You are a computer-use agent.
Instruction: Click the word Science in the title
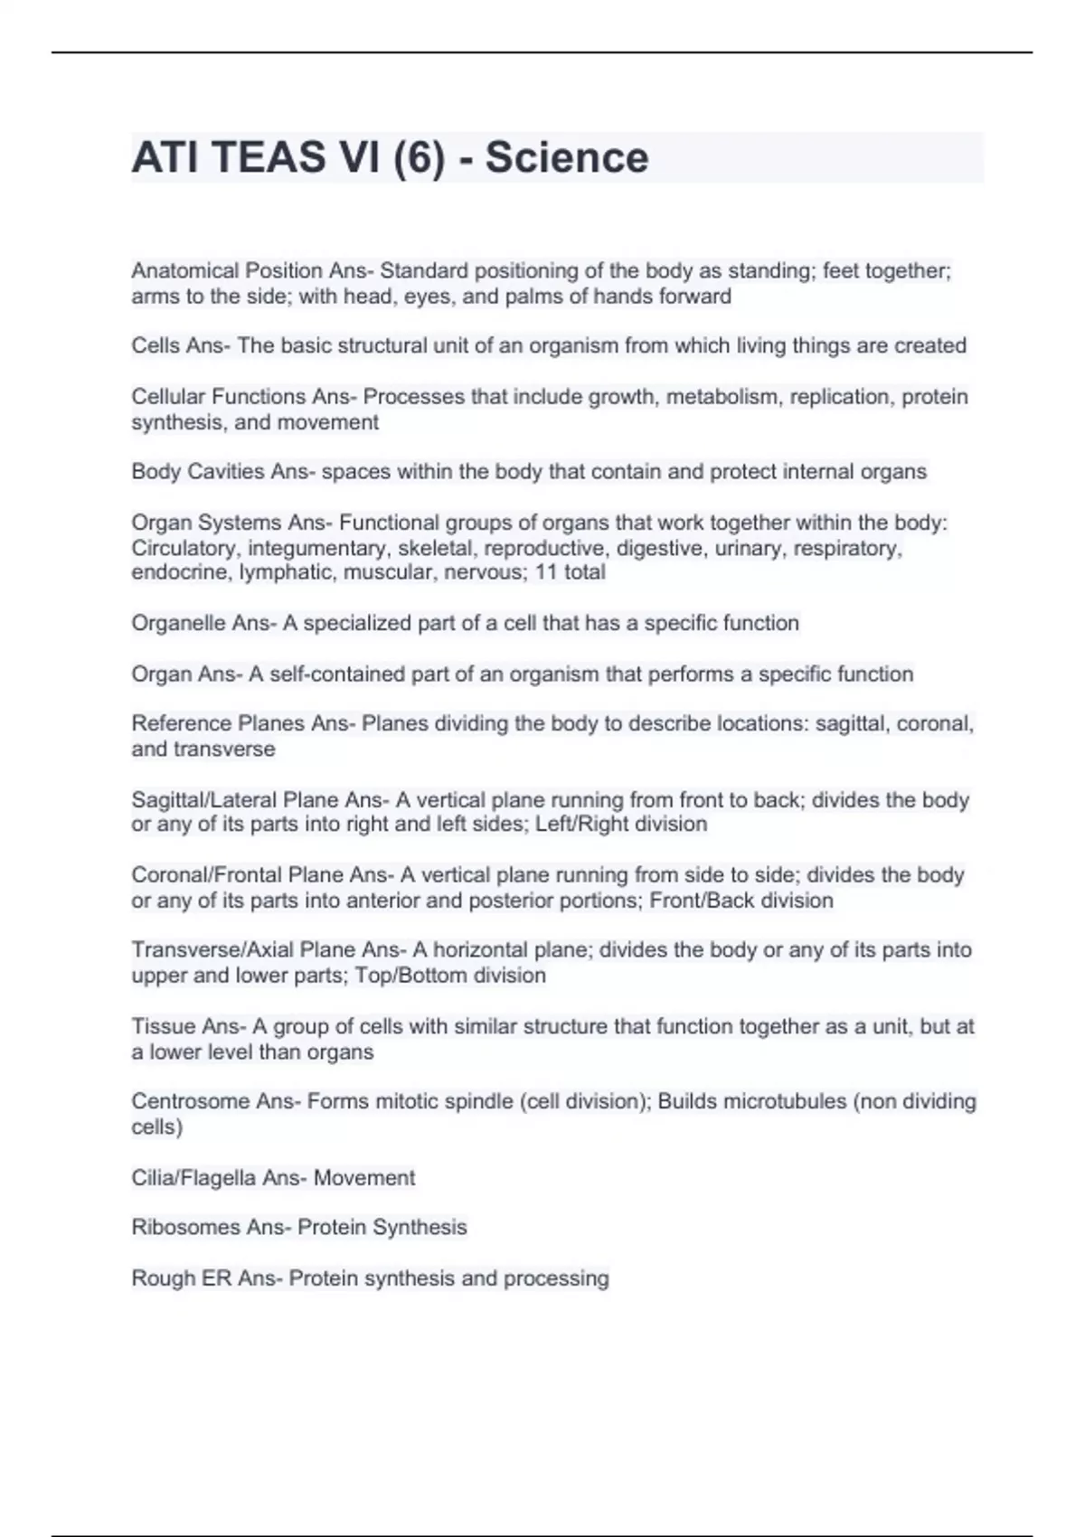(567, 157)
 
